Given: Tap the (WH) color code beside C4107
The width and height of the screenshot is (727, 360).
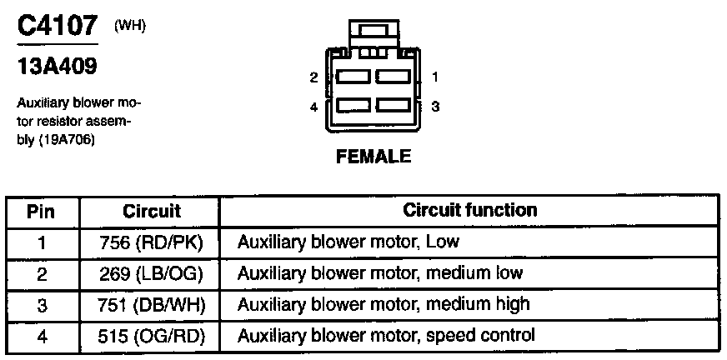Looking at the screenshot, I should pos(130,25).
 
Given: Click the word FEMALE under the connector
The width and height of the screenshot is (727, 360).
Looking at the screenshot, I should pos(374,157).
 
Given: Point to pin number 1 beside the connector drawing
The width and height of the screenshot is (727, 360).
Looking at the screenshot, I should pos(435,77).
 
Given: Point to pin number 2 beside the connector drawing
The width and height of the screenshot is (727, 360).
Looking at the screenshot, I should pos(313,77).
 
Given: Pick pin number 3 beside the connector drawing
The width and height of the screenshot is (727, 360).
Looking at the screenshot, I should pos(435,107).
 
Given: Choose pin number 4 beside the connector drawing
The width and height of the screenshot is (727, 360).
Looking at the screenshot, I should pos(313,107).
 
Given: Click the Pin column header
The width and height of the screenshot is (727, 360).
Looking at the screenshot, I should pos(42,212).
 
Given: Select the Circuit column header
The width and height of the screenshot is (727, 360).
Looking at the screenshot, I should pos(151,212).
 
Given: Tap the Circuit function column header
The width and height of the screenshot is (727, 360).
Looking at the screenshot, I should pos(469,210).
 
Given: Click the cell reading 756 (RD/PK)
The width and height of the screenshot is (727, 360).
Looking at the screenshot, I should pos(152,242).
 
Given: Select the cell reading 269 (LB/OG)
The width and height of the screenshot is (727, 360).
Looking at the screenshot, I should pos(152,273).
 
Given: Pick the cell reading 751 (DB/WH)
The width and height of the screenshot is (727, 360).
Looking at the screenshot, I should pos(152,304).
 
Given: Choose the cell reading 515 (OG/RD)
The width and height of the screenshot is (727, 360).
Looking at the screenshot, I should pos(152,335).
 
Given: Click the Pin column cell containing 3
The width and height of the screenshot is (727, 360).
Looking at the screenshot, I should pos(42,304).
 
